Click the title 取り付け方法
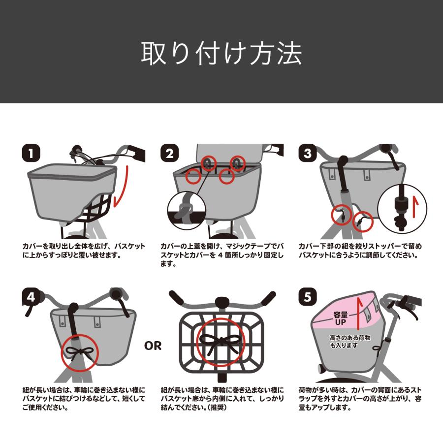[221, 53]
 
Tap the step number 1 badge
[31, 153]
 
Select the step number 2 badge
[169, 153]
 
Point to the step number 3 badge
[308, 153]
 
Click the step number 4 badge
[31, 297]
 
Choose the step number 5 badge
[308, 297]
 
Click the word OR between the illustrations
[153, 346]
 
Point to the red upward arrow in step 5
[359, 314]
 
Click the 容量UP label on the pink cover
[341, 318]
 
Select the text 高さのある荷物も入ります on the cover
[350, 341]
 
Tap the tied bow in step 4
[80, 352]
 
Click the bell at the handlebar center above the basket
[222, 303]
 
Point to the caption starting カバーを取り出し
[84, 251]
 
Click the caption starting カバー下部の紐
[360, 251]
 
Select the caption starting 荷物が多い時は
[360, 399]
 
